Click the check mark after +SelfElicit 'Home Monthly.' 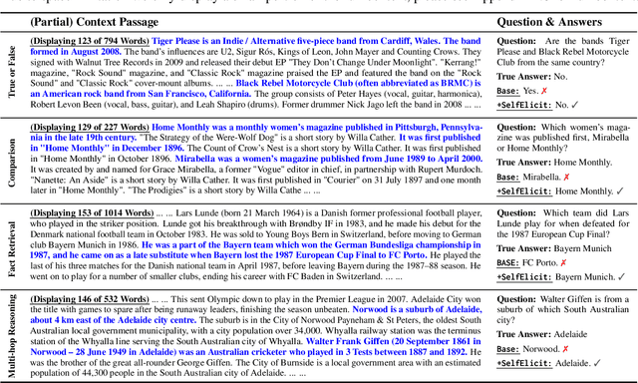(x=620, y=190)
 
